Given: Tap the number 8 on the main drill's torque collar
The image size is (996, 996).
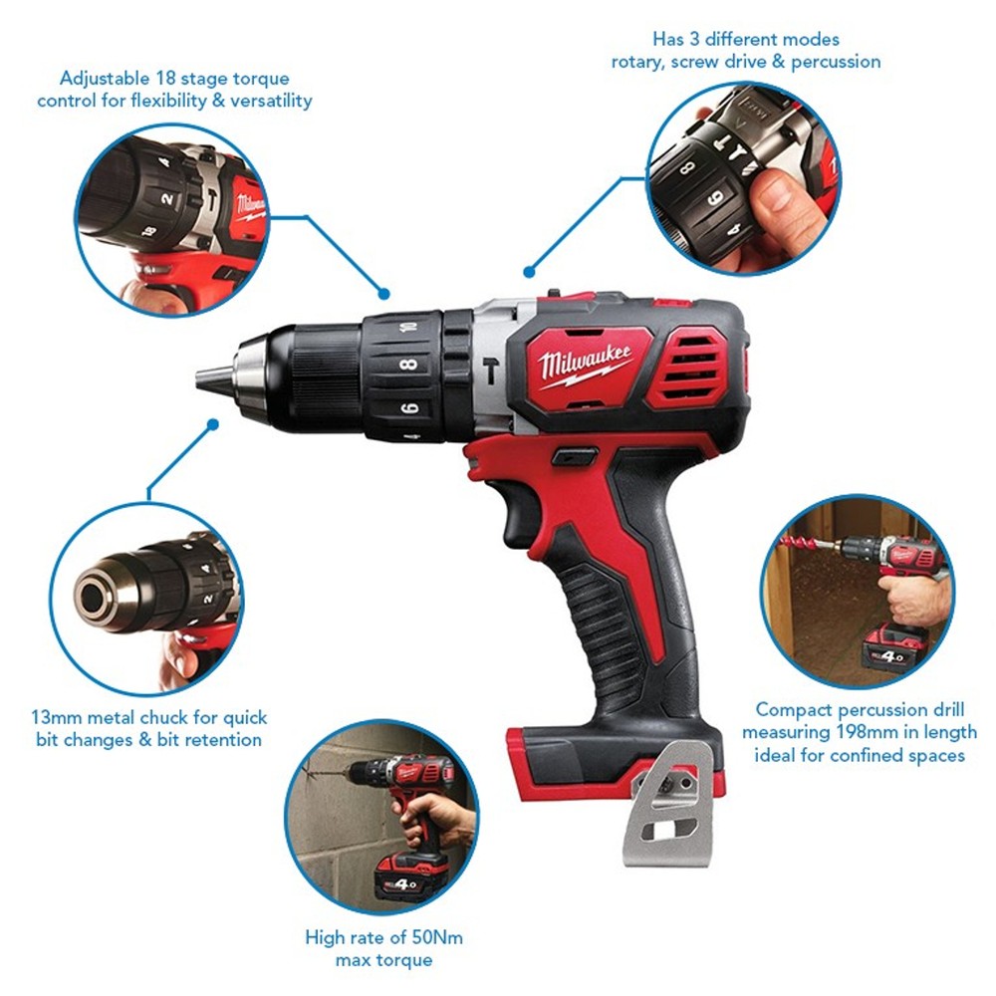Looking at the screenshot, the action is [x=409, y=365].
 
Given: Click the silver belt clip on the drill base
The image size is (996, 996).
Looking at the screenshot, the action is [x=664, y=804].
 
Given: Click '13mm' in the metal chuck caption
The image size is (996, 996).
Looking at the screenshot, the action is [x=57, y=717].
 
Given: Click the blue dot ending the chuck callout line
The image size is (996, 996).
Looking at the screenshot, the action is [x=213, y=424].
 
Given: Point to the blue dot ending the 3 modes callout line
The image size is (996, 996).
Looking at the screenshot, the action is [x=529, y=272].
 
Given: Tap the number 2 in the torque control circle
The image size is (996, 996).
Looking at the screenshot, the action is [x=167, y=199].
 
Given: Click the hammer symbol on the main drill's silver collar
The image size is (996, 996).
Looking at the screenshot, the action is [x=490, y=371].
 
